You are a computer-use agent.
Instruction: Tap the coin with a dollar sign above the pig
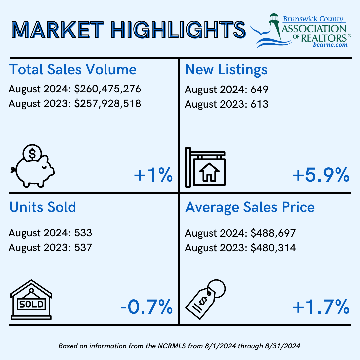click(32, 154)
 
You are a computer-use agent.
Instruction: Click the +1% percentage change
click(153, 175)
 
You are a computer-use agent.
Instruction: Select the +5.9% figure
click(321, 175)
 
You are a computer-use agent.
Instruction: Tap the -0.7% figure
click(147, 307)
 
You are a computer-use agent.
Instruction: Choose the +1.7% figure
click(321, 307)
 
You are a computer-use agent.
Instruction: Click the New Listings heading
click(226, 70)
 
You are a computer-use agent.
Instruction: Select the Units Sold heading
click(43, 207)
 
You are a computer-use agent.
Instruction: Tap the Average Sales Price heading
click(250, 207)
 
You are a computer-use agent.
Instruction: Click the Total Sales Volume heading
click(73, 70)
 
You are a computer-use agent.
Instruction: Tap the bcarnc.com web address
click(330, 44)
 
